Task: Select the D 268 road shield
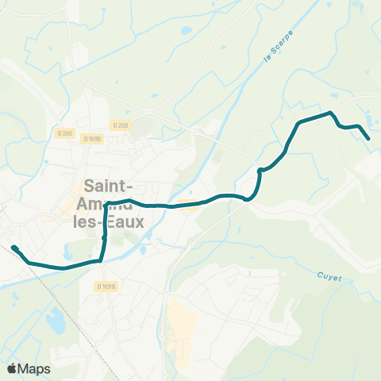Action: click(x=120, y=125)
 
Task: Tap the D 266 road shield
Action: click(x=65, y=133)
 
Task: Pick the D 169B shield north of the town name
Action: click(x=93, y=138)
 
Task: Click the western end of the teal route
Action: click(x=14, y=248)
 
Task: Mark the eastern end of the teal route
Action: click(x=369, y=139)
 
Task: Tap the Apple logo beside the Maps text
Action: click(x=12, y=368)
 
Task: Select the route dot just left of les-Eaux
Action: click(x=104, y=237)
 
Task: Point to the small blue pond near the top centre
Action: click(x=186, y=31)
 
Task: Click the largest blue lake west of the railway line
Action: click(x=56, y=321)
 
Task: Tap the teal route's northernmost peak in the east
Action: click(x=329, y=113)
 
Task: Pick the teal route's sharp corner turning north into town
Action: click(x=101, y=260)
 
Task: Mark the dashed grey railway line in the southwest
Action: click(x=56, y=302)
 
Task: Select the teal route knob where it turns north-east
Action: click(x=260, y=169)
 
